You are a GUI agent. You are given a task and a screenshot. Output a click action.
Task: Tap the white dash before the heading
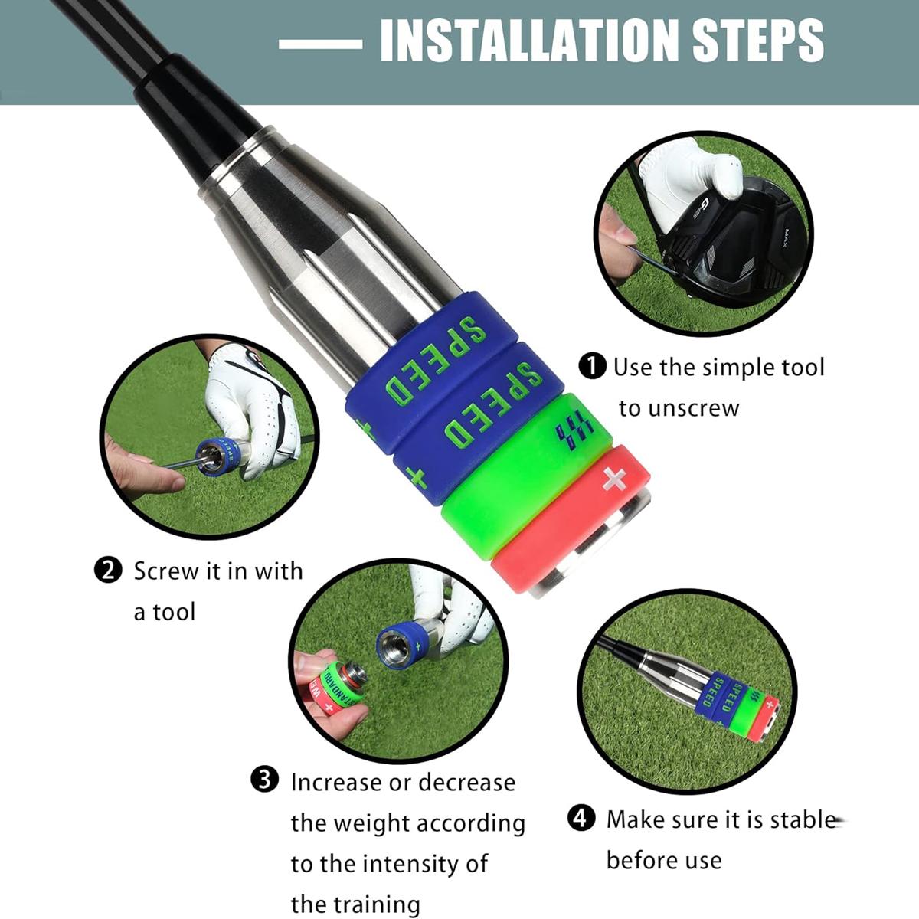click(320, 44)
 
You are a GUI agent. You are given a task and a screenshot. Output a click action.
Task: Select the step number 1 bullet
click(592, 366)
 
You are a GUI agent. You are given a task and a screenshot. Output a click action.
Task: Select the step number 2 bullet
click(107, 571)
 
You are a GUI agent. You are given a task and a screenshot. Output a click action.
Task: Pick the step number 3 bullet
click(264, 781)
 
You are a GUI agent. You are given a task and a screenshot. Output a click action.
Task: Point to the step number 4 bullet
click(581, 819)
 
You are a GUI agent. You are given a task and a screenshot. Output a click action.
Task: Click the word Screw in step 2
click(165, 571)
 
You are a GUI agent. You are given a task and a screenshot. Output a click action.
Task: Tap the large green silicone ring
click(521, 475)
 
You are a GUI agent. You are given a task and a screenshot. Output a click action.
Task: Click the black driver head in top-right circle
click(728, 245)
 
